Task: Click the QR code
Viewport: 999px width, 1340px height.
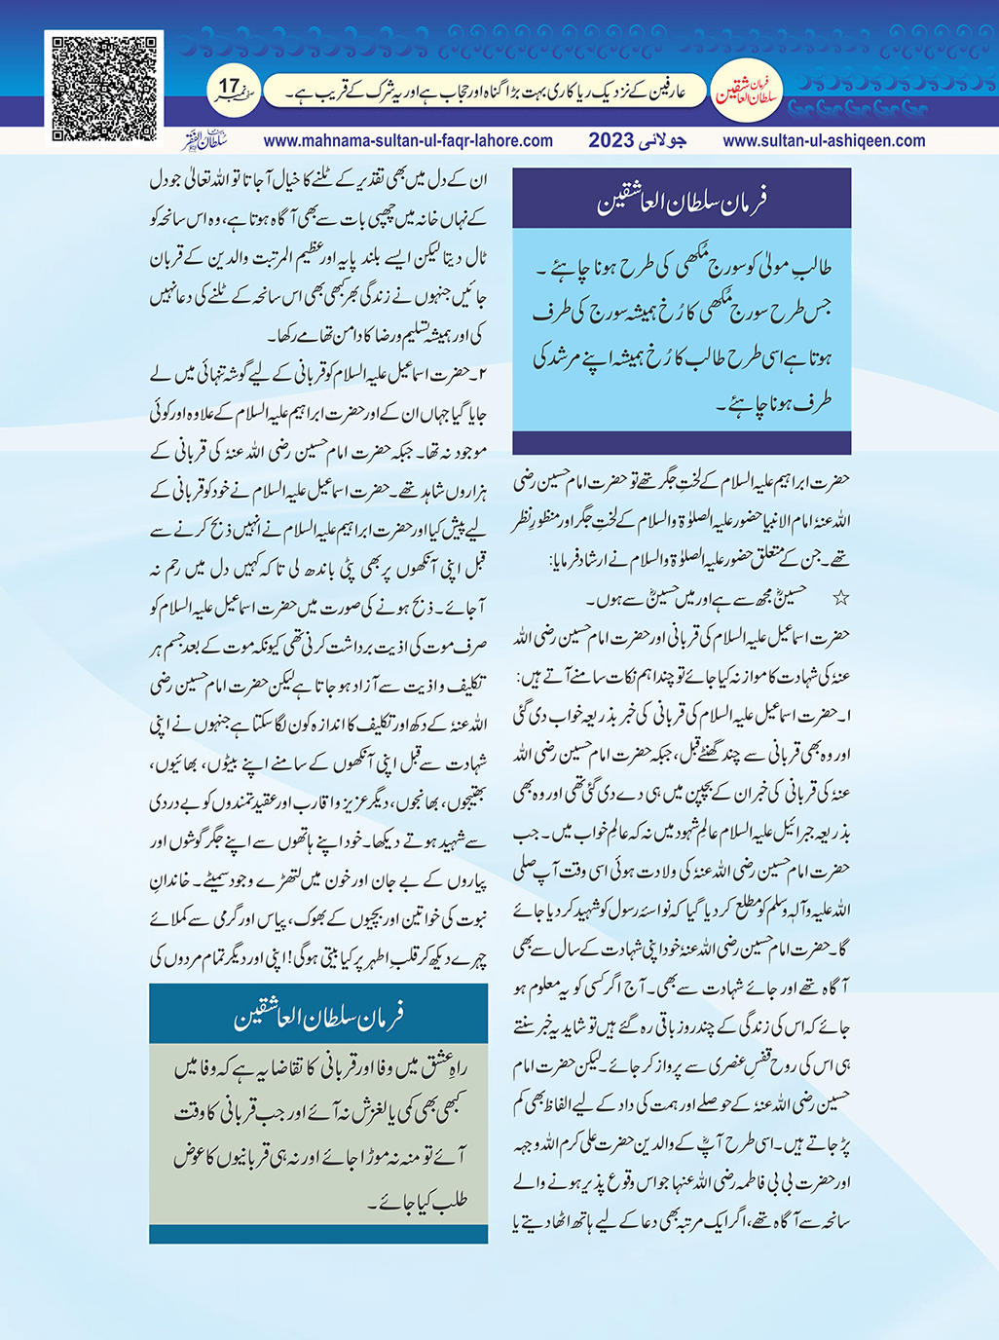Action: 104,89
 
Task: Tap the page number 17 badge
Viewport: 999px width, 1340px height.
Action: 230,91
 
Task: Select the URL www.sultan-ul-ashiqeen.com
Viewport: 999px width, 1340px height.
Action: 824,140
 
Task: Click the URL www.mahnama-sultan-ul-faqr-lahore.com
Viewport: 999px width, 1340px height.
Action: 408,140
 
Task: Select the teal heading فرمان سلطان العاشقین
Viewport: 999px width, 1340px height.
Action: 318,1017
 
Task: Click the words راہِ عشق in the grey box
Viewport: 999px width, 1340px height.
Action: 443,1069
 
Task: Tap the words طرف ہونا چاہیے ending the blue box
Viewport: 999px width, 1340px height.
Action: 775,401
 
